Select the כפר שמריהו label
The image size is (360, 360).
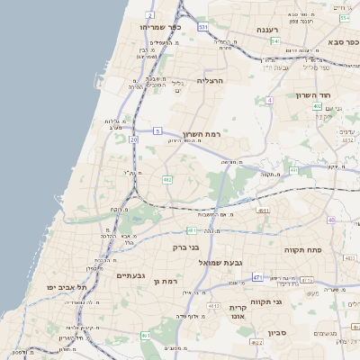click(160, 27)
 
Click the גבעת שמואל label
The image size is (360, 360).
click(238, 261)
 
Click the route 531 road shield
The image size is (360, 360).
click(203, 27)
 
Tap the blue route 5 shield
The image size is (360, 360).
click(157, 130)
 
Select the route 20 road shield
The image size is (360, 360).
click(134, 139)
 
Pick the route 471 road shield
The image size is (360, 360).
click(257, 277)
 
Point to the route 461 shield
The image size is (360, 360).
click(146, 335)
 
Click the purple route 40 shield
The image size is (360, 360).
click(331, 220)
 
